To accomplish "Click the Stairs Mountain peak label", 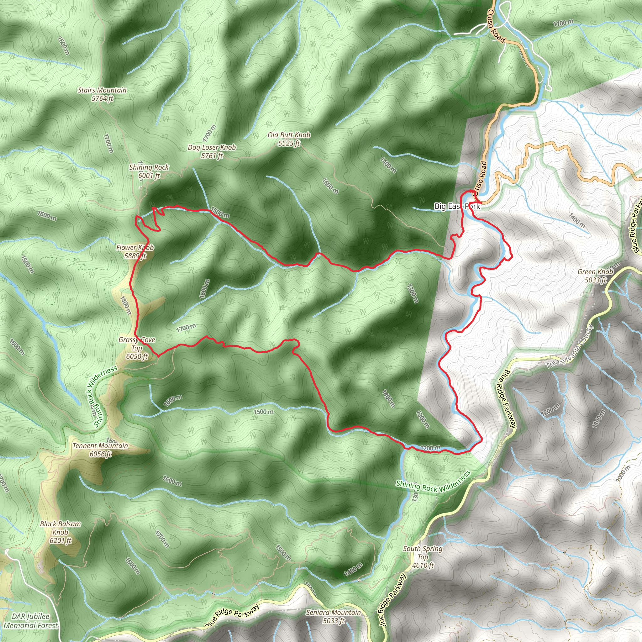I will tap(102, 94).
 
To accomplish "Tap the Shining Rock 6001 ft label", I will tap(149, 171).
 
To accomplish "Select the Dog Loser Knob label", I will tap(212, 151).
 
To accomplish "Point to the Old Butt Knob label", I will tap(289, 139).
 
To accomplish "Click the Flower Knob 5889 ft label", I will tap(135, 251).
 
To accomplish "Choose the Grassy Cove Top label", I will tap(137, 348).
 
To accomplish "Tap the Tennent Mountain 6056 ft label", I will tap(100, 450).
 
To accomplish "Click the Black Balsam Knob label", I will tap(61, 532).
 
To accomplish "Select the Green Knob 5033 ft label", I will tap(595, 276).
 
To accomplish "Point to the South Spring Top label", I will tap(423, 557).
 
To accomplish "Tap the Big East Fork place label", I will tap(457, 206).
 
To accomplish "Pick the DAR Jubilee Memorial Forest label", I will tap(31, 621).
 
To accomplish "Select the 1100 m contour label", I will tap(563, 23).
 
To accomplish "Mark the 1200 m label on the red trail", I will tap(430, 448).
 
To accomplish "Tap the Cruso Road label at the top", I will tap(497, 26).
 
